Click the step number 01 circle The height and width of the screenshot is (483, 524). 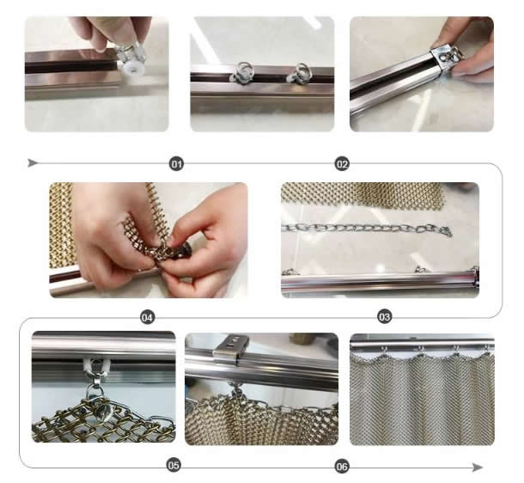click(176, 164)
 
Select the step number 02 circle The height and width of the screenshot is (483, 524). click(342, 164)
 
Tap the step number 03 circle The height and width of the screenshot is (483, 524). click(384, 316)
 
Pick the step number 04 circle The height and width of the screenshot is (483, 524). click(148, 317)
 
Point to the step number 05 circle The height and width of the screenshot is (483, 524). click(174, 465)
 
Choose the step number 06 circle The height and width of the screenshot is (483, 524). click(342, 467)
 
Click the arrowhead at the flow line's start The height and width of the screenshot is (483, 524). click(33, 163)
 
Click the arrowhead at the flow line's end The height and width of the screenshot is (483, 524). click(478, 467)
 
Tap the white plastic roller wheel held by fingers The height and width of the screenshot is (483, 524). click(133, 69)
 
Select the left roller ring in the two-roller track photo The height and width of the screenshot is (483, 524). click(243, 72)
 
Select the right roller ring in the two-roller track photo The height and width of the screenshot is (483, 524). click(299, 73)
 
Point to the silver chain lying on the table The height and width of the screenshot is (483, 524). click(367, 229)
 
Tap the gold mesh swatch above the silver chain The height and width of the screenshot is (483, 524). click(363, 196)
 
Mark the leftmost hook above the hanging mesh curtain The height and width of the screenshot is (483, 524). click(384, 350)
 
